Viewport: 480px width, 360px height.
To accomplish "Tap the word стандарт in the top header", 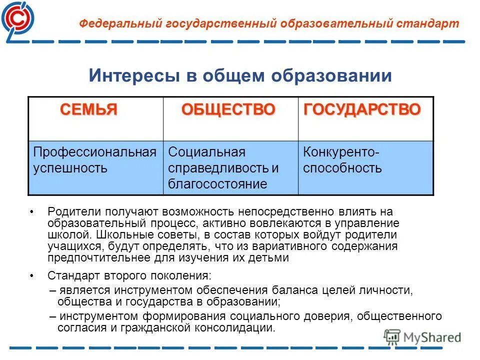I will [x=428, y=23].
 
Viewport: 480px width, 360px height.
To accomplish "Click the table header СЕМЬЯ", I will [x=88, y=109].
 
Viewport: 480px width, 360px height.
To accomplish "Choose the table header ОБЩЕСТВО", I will [x=227, y=109].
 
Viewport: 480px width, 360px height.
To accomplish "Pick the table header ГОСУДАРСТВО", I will [x=362, y=109].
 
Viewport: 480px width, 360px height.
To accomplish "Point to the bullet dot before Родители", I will [x=32, y=212].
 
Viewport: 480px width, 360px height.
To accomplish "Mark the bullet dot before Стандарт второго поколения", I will [x=32, y=275].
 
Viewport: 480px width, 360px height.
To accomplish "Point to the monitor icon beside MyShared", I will [x=392, y=336].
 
